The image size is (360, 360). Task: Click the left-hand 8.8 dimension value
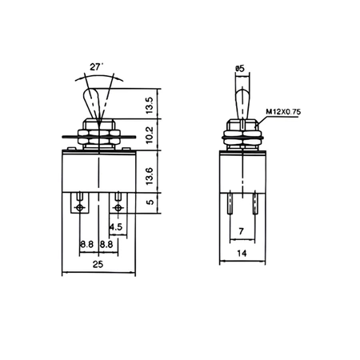pos(86,246)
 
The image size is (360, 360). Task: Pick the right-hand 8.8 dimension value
pos(106,246)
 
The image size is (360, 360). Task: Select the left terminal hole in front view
pos(81,208)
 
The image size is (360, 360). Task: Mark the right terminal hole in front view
pos(118,208)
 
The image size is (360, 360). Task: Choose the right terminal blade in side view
pos(254,206)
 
